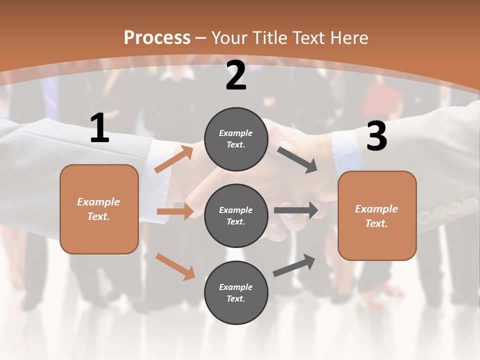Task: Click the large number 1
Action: pos(99,128)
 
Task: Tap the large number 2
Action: pos(236,75)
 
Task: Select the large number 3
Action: pos(376,136)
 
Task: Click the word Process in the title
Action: pos(157,37)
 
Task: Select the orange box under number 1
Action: pos(99,209)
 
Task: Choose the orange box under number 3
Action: pos(377,215)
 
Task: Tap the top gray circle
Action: pos(236,138)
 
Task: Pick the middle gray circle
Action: pos(236,215)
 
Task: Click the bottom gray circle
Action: pos(236,292)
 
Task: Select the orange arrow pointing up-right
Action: pos(174,159)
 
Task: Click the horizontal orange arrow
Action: pos(175,211)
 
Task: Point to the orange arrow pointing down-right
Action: pos(175,266)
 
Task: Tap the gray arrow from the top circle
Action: pos(297,159)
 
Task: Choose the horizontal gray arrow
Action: pos(296,210)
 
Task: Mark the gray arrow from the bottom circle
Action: pos(294,265)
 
